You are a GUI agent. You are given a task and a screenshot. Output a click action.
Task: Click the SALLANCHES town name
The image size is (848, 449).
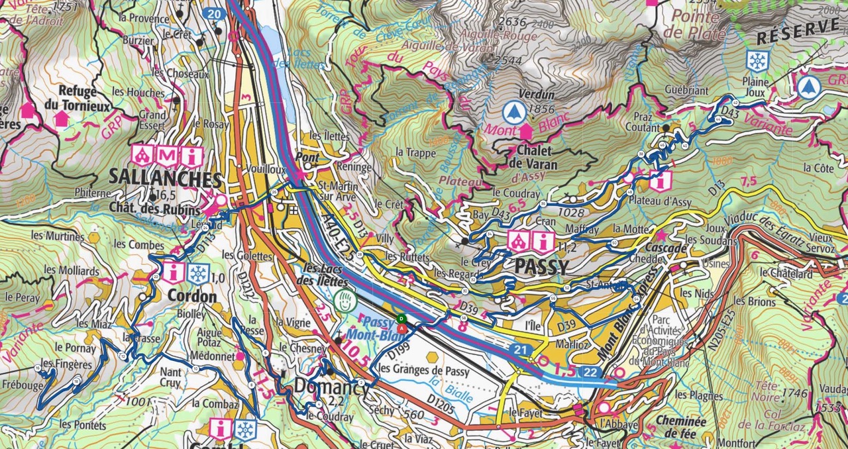click(164, 179)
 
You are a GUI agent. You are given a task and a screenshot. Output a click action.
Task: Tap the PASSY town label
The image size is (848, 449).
click(541, 268)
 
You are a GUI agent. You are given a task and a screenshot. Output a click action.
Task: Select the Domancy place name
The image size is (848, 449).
click(331, 387)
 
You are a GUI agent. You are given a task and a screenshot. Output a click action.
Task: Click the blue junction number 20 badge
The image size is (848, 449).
click(213, 13)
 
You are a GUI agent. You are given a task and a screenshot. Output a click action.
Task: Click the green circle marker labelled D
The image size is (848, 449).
click(401, 319)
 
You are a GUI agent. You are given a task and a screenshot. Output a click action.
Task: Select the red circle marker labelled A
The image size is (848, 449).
click(401, 326)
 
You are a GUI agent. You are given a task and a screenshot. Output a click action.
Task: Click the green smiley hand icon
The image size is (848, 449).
click(343, 300)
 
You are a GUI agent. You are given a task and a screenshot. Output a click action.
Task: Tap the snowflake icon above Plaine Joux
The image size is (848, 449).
click(757, 61)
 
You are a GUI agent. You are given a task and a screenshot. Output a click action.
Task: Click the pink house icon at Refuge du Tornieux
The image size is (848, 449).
click(61, 119)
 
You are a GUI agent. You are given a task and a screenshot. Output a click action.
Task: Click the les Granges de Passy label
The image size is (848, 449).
click(423, 369)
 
